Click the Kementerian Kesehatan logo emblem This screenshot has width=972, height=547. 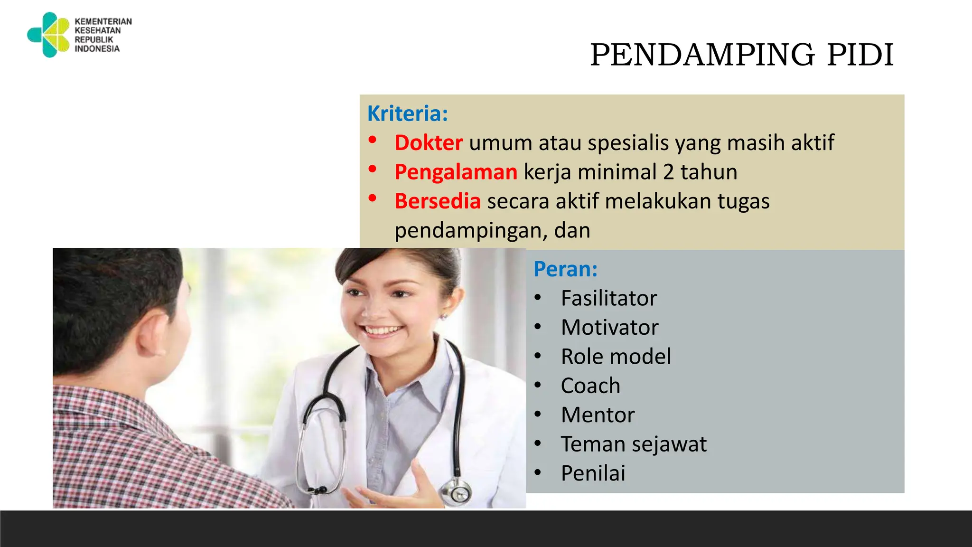pos(49,35)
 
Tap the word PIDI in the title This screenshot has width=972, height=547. pos(860,55)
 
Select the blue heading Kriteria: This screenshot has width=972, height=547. pos(407,113)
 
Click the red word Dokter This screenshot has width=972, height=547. pos(428,143)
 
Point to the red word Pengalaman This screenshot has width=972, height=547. pos(456,172)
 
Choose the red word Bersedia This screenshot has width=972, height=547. pos(437,201)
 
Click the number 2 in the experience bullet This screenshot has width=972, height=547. pos(668,172)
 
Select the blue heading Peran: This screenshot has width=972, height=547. pos(565,269)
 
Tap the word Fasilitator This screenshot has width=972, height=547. pos(608,298)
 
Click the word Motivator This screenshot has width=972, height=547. pos(609,328)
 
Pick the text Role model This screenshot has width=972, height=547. pos(616,357)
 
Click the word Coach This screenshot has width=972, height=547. pos(590,386)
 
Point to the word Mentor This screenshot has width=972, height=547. pos(598,415)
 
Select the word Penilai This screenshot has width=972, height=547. pos(593,473)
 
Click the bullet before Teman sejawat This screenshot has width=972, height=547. pos(537,444)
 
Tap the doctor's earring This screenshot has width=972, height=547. pos(444,316)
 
